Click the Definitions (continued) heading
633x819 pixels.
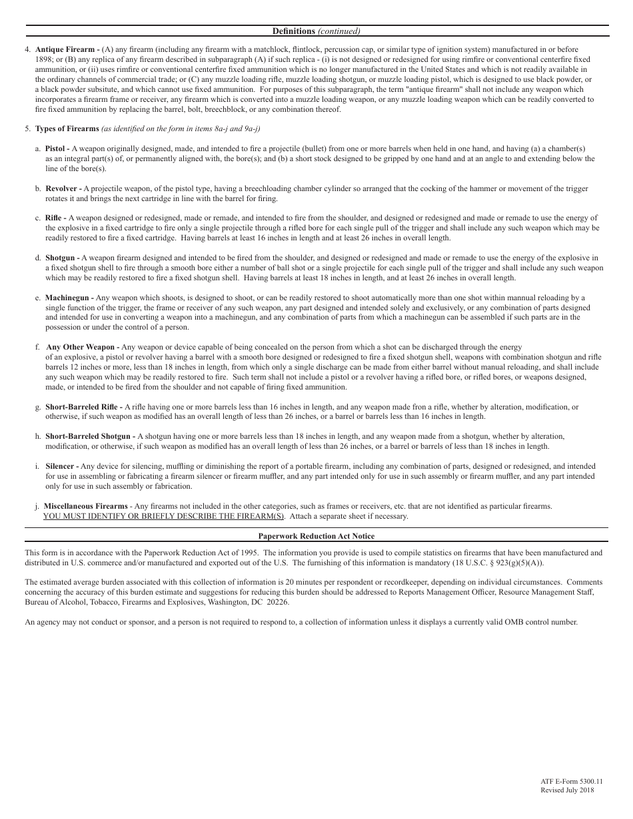[316, 31]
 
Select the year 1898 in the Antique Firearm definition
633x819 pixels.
[44, 59]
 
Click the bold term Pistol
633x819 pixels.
[56, 148]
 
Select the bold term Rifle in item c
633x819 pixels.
[55, 218]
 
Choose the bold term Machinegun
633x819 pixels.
[68, 298]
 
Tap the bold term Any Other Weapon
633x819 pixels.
[81, 347]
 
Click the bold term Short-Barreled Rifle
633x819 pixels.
[83, 407]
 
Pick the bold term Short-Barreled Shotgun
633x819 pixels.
[89, 437]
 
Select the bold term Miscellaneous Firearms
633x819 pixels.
[85, 506]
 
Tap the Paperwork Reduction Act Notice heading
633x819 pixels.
[316, 536]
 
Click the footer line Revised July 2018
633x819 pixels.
[566, 790]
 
